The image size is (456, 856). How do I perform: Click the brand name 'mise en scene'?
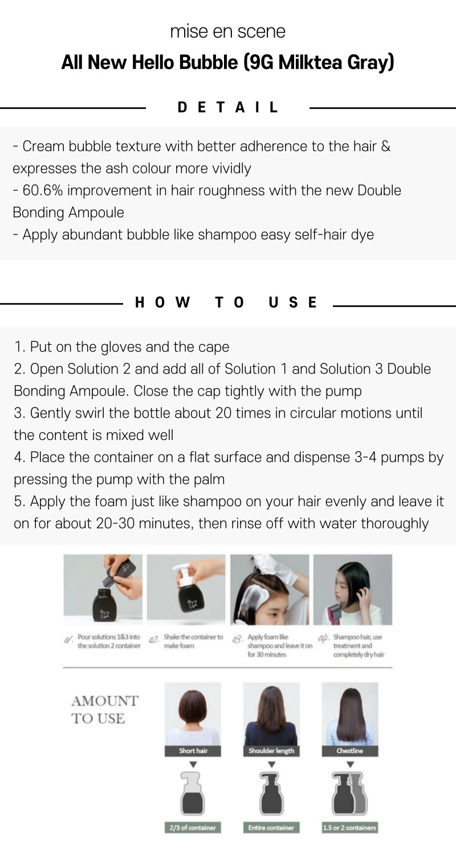click(228, 31)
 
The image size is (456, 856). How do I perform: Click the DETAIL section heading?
click(228, 107)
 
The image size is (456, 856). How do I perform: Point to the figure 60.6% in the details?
click(43, 190)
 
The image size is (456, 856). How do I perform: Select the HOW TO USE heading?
click(226, 302)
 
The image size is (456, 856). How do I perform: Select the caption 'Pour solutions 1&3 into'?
click(109, 637)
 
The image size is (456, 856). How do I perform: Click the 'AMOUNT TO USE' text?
click(104, 709)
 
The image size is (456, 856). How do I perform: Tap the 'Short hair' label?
click(193, 750)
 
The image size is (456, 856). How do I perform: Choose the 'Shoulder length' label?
click(271, 750)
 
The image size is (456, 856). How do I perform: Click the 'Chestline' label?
click(350, 750)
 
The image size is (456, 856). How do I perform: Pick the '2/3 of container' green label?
click(193, 827)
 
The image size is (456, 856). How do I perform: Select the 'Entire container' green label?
click(271, 827)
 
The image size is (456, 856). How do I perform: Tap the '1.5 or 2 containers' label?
click(350, 827)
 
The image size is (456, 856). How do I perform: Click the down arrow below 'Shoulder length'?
click(272, 765)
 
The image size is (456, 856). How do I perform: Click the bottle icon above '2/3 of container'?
click(193, 793)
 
